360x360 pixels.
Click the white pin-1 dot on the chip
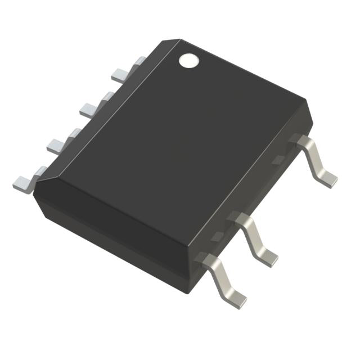189,60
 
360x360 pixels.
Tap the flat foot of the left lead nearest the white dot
120,73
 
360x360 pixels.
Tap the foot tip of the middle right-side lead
268,257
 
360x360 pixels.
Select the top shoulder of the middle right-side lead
239,219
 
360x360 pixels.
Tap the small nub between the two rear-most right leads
277,160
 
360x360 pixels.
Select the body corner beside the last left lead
35,194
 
